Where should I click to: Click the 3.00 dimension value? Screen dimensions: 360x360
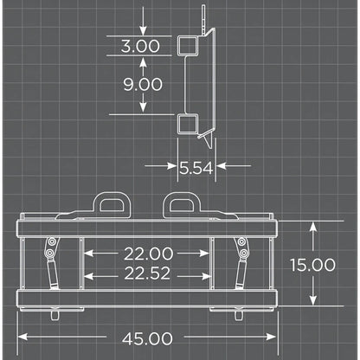pyautogui.click(x=140, y=46)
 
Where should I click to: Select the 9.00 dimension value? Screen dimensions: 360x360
pyautogui.click(x=143, y=84)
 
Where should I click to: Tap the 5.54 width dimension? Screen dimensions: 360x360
pyautogui.click(x=196, y=168)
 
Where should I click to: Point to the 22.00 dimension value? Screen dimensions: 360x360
pyautogui.click(x=149, y=254)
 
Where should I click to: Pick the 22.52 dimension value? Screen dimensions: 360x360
pyautogui.click(x=147, y=273)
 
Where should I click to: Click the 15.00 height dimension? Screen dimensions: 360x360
pyautogui.click(x=313, y=265)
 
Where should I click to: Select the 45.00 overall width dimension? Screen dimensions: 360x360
pyautogui.click(x=147, y=339)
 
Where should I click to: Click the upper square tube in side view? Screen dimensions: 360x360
pyautogui.click(x=188, y=46)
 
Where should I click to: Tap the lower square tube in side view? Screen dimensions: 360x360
pyautogui.click(x=188, y=124)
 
